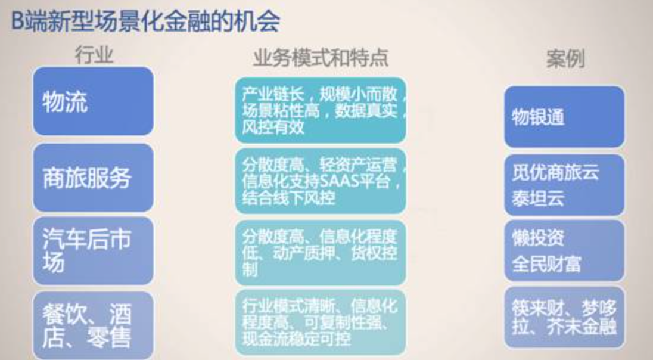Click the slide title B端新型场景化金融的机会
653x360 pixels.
point(145,21)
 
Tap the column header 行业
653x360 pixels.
point(94,55)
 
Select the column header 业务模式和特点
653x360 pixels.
point(321,57)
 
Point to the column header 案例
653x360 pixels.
point(565,59)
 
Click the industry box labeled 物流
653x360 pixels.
point(94,101)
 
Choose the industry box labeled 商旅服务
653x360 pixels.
point(94,178)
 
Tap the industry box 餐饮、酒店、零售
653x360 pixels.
point(94,325)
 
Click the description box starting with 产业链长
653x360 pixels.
point(321,110)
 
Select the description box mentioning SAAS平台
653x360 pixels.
point(321,181)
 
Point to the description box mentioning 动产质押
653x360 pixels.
point(321,253)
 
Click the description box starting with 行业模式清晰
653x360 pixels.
point(321,322)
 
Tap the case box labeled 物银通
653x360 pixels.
point(564,117)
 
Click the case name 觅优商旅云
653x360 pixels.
point(555,172)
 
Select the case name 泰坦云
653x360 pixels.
point(538,198)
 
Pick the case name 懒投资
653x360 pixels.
point(538,238)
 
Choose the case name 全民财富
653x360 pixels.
point(546,264)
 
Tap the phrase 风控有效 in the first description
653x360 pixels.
point(273,127)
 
